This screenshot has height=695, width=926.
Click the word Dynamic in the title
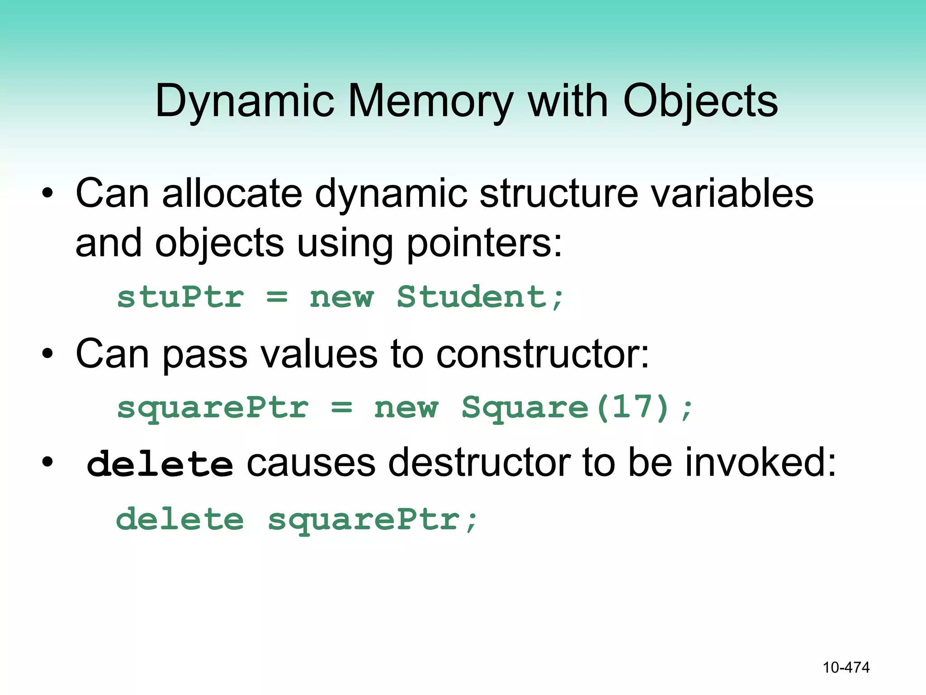point(245,101)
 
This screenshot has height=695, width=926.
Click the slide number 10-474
point(846,667)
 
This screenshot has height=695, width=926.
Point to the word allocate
point(232,194)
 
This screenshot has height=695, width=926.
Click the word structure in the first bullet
point(558,194)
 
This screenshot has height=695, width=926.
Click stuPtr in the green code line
point(180,297)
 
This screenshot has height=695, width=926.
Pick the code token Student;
point(480,297)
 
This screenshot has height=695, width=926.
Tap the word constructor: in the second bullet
point(542,354)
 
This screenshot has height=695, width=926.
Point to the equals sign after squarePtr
point(341,407)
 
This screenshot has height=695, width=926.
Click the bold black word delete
point(160,464)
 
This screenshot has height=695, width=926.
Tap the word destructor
point(479,462)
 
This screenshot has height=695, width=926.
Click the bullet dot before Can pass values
point(47,354)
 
